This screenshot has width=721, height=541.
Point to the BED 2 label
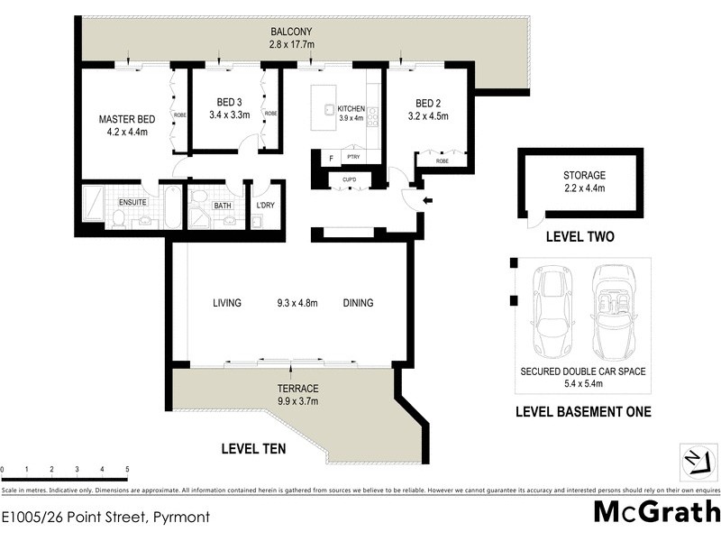427,103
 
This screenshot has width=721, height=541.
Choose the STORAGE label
584,175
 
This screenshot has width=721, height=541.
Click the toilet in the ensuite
118,218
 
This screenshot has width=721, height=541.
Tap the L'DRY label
265,206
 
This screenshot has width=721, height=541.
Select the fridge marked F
331,159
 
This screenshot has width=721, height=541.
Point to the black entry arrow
427,200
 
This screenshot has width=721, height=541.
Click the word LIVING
227,303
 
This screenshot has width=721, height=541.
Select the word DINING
358,303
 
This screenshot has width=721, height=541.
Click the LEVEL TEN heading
254,447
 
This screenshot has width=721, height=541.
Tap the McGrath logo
656,511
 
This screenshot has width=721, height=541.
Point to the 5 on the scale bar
127,470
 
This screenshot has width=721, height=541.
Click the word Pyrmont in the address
180,518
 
